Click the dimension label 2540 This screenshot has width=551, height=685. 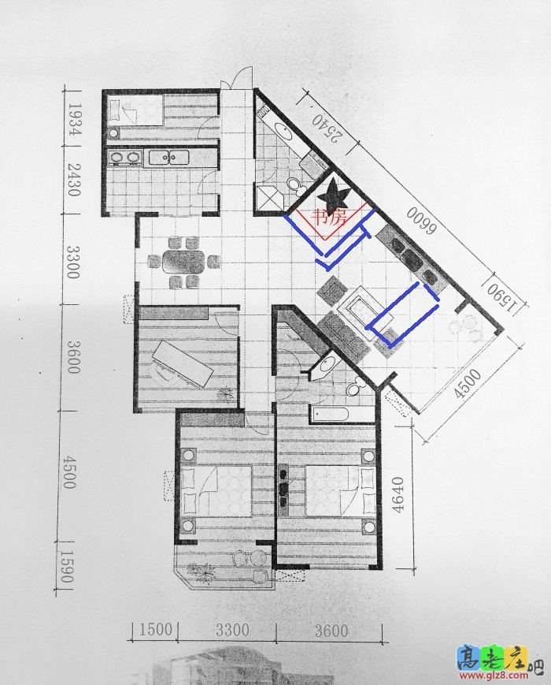[x=326, y=129]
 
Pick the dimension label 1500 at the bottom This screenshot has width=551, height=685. [x=156, y=630]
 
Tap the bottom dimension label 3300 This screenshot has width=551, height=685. [x=232, y=630]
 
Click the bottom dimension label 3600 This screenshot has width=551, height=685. [x=331, y=631]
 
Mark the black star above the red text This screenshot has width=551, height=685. [x=333, y=194]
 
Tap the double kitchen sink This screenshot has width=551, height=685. [x=169, y=157]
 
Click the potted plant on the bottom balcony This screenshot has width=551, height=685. [x=202, y=570]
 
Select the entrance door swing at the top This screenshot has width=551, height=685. [x=239, y=78]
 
